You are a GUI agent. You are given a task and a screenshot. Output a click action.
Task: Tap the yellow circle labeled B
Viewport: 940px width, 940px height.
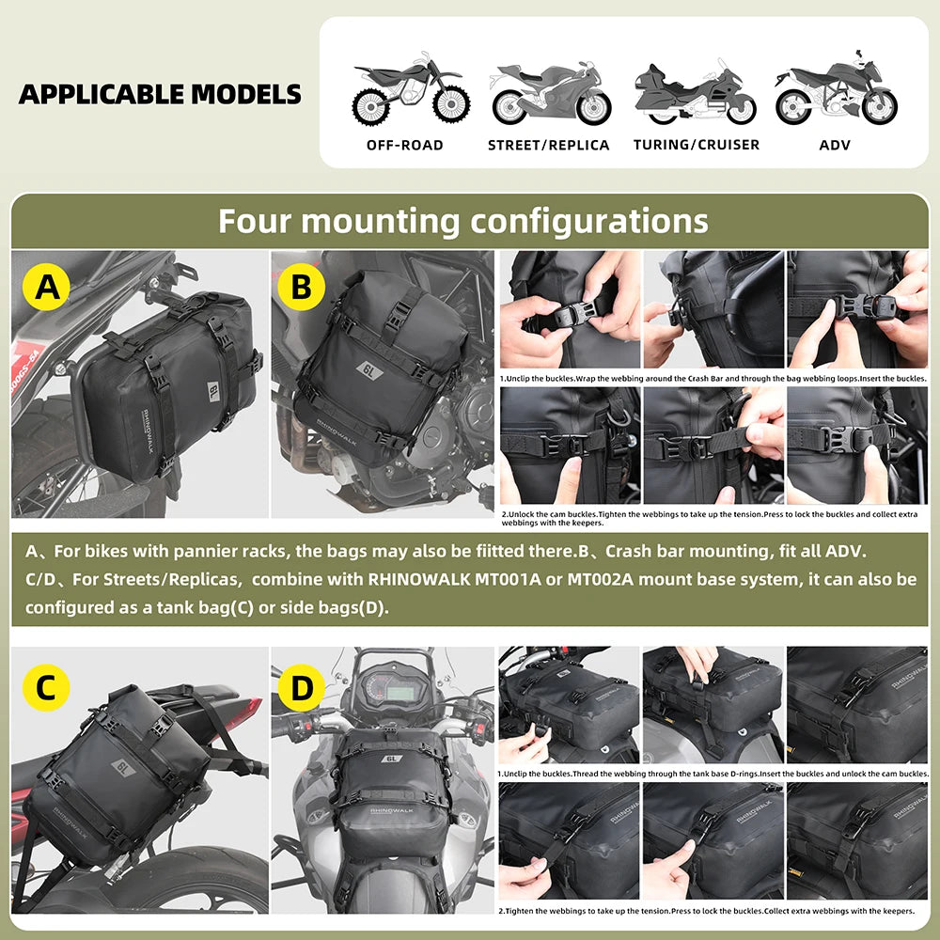(301, 286)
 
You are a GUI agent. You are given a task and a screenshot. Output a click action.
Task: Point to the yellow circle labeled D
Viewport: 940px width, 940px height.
(301, 689)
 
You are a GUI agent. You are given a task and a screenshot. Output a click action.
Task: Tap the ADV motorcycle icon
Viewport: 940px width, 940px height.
(836, 94)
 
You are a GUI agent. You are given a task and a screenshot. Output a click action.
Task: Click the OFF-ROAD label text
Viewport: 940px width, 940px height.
(404, 145)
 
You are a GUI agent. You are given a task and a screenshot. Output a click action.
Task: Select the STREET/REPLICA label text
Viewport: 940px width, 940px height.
(549, 145)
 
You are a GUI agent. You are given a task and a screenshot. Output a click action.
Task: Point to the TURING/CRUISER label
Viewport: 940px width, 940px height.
(696, 145)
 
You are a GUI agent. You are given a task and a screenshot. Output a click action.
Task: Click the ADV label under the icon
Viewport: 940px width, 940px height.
(835, 145)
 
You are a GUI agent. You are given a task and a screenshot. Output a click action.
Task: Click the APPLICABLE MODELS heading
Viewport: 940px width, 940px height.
(160, 94)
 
